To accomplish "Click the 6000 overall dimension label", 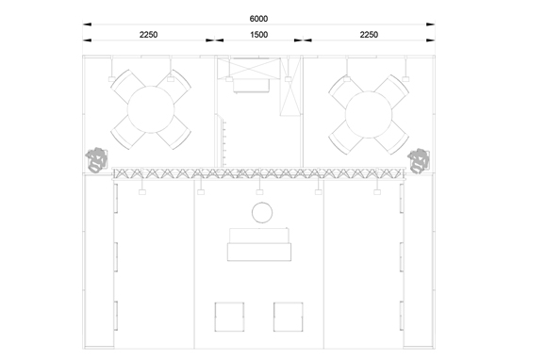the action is click(258, 19).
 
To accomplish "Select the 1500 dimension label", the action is click(259, 35).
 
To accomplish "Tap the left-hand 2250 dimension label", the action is click(148, 35).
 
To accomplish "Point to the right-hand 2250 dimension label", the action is click(369, 35).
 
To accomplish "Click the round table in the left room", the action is click(151, 109).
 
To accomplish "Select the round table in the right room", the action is click(369, 114).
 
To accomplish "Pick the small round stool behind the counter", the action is click(262, 213).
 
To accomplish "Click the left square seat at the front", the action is click(229, 317).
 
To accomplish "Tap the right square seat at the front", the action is click(288, 317).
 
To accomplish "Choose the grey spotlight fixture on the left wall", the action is click(96, 159).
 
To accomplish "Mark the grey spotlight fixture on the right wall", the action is click(419, 161).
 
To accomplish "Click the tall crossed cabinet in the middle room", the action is click(290, 87).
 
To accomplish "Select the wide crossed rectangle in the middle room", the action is click(249, 69).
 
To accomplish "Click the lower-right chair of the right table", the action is click(391, 137).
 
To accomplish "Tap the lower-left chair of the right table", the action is click(346, 138).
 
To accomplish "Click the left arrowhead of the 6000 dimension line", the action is click(87, 25).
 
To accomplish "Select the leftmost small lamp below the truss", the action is click(142, 191).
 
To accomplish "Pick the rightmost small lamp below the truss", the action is click(377, 191).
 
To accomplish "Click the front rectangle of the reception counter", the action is click(259, 252).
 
